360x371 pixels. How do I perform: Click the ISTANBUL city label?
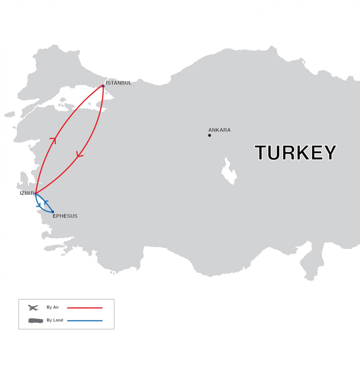click(118, 83)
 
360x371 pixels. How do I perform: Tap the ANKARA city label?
click(219, 130)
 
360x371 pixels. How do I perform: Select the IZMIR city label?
click(27, 193)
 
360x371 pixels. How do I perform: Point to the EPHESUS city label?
click(65, 216)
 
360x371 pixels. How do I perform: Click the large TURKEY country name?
click(295, 153)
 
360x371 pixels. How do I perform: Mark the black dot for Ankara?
click(210, 136)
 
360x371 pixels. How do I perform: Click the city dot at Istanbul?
click(103, 86)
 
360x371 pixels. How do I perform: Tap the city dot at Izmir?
click(36, 194)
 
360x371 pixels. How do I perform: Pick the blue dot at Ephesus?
click(53, 212)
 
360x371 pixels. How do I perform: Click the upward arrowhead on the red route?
click(53, 139)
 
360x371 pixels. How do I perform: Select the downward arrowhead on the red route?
click(79, 154)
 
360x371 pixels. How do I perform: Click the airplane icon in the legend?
click(33, 308)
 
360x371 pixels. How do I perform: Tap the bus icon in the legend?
click(36, 321)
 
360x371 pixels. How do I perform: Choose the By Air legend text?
click(53, 308)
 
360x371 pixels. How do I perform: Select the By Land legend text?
click(55, 321)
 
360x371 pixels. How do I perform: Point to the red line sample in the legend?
click(84, 308)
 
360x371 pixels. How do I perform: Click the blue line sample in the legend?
click(84, 321)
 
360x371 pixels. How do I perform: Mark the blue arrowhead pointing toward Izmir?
click(45, 202)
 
